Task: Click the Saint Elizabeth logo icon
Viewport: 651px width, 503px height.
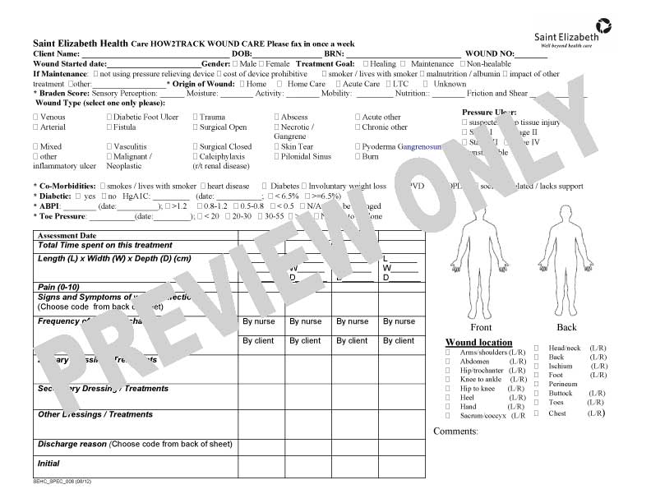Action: click(603, 25)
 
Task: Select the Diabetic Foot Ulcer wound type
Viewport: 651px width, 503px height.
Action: click(142, 118)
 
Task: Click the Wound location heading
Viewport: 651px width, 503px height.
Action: click(478, 342)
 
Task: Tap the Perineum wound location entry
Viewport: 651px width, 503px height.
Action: click(562, 384)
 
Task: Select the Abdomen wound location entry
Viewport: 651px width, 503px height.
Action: click(474, 361)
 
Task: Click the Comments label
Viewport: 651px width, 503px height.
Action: click(455, 431)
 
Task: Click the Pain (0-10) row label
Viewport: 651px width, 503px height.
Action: click(58, 287)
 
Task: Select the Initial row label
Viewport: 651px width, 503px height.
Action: click(48, 464)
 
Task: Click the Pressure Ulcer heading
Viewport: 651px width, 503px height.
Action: click(489, 112)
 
